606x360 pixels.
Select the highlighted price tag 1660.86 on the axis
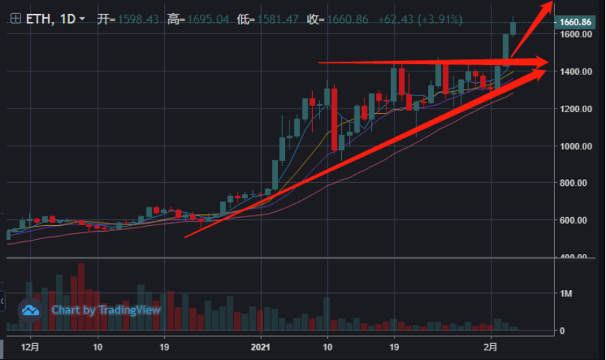coord(575,22)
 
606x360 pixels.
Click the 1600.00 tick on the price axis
coord(575,34)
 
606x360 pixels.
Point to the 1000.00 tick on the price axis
coord(575,146)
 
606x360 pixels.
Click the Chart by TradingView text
coord(106,310)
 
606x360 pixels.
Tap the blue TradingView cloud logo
coord(31,310)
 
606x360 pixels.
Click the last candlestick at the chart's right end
coord(513,28)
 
